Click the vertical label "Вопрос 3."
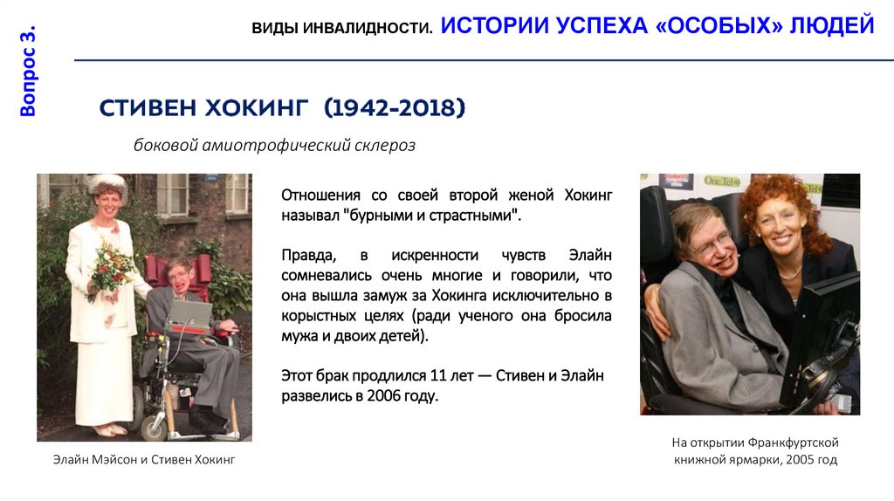coord(28,72)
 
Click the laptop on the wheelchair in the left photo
coord(190,315)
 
